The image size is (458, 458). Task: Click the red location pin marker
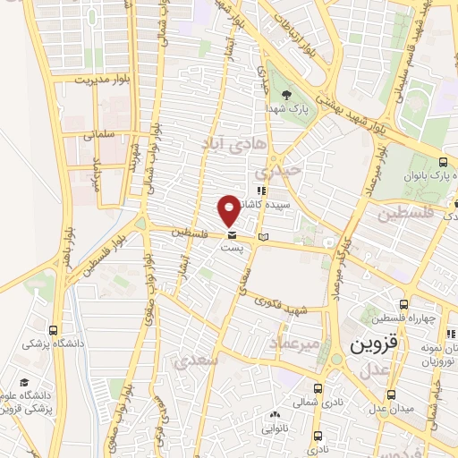229,209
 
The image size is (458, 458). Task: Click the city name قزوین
366,343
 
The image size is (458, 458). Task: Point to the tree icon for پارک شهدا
285,94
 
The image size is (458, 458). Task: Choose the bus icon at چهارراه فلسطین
403,305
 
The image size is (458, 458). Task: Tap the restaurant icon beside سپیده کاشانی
260,191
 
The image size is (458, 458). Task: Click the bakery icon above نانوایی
274,414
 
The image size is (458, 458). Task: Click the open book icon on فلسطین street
262,236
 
